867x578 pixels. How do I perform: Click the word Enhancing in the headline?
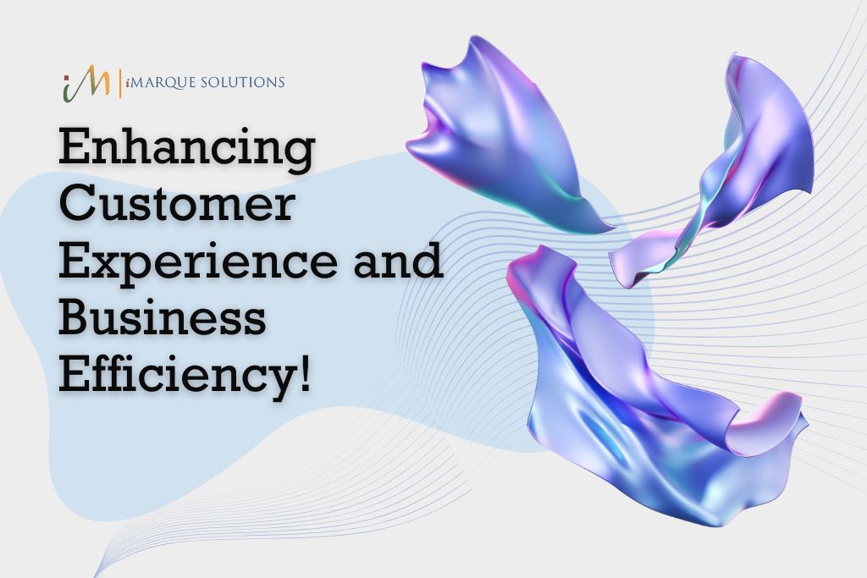pos(187,148)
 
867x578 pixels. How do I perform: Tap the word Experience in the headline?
pos(197,263)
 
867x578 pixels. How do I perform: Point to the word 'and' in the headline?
pos(398,260)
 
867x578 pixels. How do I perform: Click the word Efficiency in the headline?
pos(176,377)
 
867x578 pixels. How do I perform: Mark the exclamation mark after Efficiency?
pos(305,375)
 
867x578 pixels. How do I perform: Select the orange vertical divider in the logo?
pos(120,83)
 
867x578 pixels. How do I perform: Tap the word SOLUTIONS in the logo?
pos(243,82)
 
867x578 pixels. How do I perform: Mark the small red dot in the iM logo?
pos(66,77)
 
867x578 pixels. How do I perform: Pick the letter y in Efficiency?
pos(277,382)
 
